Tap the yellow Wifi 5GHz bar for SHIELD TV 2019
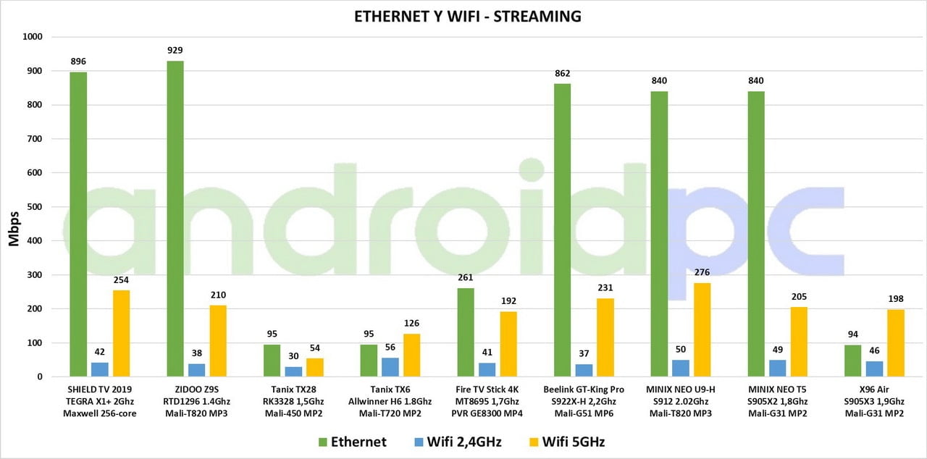click(121, 334)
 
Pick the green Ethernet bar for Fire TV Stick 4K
click(465, 332)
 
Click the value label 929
click(175, 51)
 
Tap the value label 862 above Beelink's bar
click(562, 73)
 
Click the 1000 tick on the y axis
click(33, 37)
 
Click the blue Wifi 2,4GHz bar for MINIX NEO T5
click(777, 369)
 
